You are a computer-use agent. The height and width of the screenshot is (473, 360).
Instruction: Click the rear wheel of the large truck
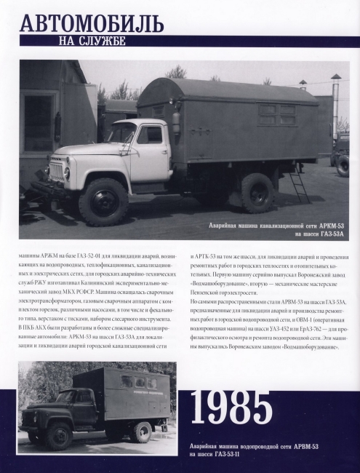click(x=258, y=192)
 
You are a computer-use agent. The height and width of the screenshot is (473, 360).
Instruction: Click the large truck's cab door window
click(x=150, y=135)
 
